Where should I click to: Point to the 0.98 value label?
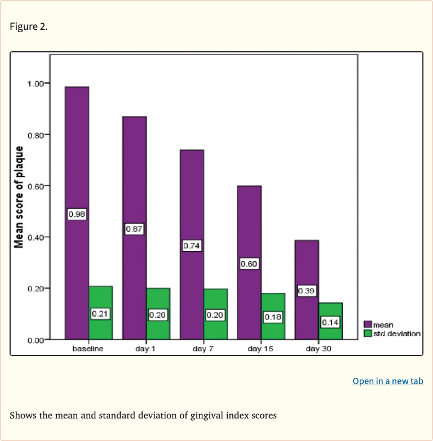[x=77, y=215]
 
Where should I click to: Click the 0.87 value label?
[x=134, y=229]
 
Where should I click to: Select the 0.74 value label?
[x=192, y=246]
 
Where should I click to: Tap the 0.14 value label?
[x=330, y=323]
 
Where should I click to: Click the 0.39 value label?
[x=307, y=291]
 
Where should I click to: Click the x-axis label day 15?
[x=261, y=349]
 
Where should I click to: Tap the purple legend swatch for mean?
[x=368, y=325]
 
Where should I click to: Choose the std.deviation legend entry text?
[x=396, y=333]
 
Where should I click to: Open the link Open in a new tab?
[x=387, y=381]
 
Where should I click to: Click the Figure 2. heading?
[x=29, y=26]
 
